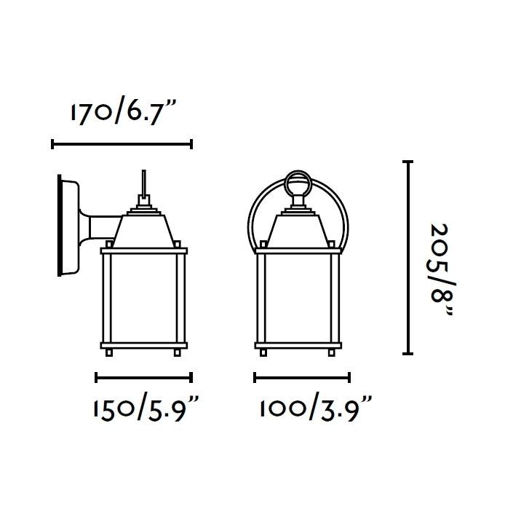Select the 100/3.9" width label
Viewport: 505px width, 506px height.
tap(315, 409)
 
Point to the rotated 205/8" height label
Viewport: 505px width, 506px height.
tap(442, 270)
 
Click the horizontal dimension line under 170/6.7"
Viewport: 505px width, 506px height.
tap(122, 144)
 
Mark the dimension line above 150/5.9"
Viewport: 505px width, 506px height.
tap(144, 377)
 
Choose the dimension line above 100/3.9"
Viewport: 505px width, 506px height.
tap(302, 377)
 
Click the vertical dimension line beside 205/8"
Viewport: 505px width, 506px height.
tap(408, 257)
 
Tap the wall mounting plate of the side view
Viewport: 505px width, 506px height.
tap(68, 226)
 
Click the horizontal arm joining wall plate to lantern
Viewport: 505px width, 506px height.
tap(103, 227)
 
